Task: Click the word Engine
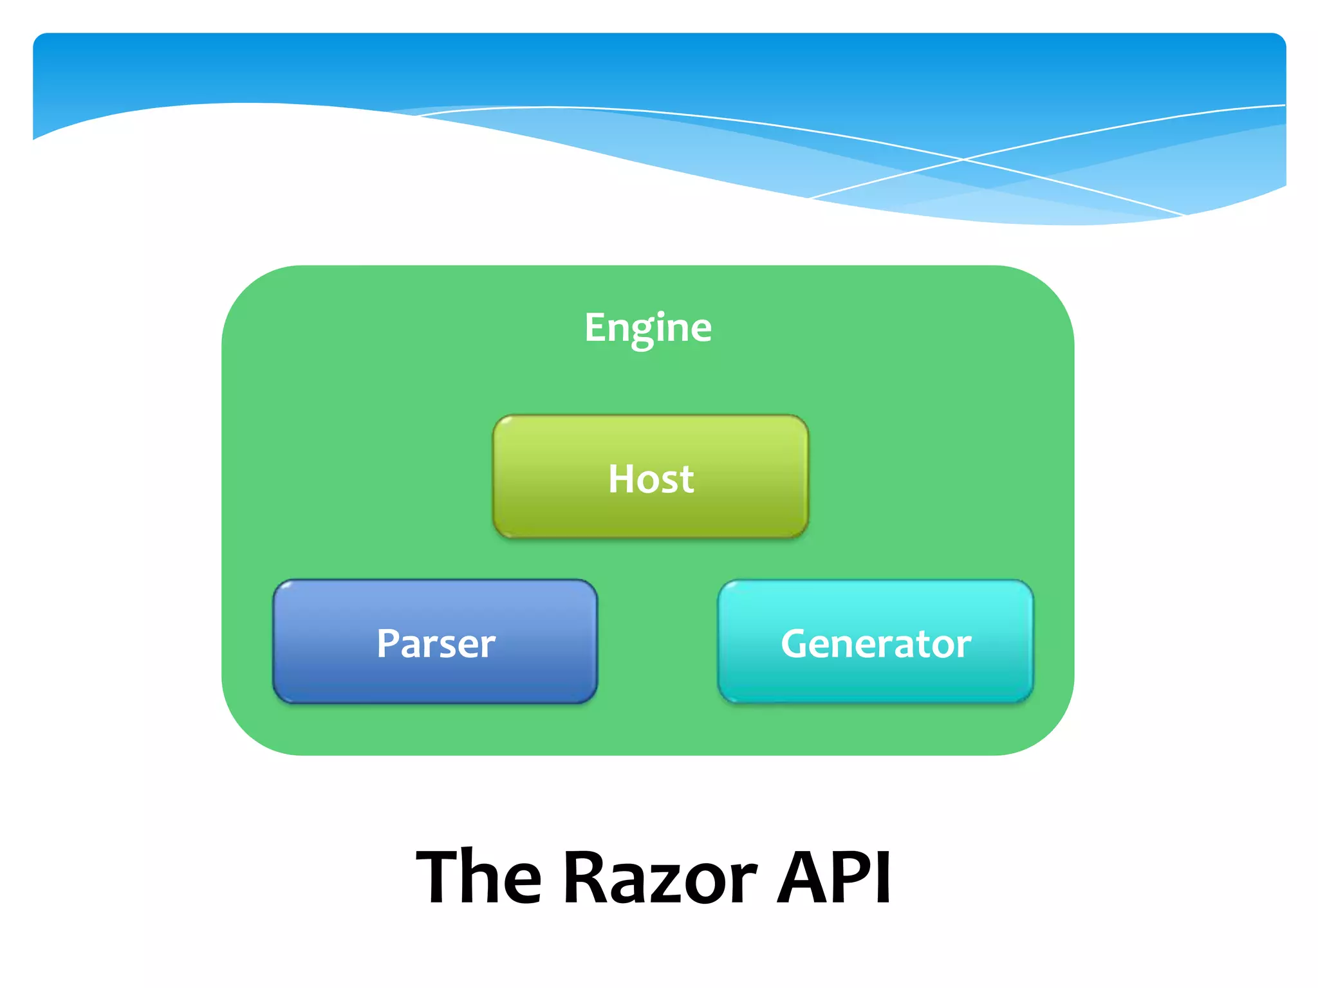pyautogui.click(x=648, y=327)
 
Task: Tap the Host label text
pyautogui.click(x=651, y=479)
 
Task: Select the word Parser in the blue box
pyautogui.click(x=436, y=643)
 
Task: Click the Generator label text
pyautogui.click(x=875, y=643)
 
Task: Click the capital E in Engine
pyautogui.click(x=596, y=327)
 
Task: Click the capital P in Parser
pyautogui.click(x=388, y=643)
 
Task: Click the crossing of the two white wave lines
pyautogui.click(x=963, y=159)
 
